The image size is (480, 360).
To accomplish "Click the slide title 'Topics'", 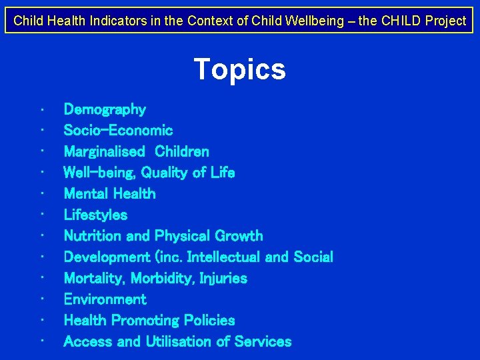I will click(x=239, y=69).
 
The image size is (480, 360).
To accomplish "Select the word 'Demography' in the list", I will click(x=105, y=109).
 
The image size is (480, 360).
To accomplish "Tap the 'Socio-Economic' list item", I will click(x=118, y=131).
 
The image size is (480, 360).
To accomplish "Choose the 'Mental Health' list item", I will click(x=109, y=194).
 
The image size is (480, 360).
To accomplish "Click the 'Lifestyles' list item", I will click(x=95, y=215).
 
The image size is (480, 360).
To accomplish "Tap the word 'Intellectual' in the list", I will click(x=223, y=257).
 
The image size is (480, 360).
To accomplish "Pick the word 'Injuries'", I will click(x=222, y=278).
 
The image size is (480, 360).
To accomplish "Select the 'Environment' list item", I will click(x=105, y=299).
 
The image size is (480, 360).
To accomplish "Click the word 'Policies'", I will click(x=208, y=321).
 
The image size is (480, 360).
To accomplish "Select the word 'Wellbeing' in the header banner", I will click(x=317, y=21).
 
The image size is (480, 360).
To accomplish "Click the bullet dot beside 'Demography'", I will click(x=42, y=109).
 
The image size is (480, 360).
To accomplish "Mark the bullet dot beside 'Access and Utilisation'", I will click(x=42, y=342).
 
